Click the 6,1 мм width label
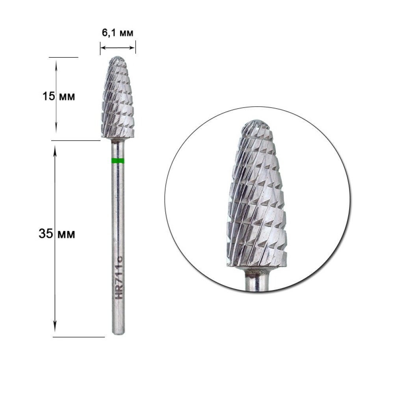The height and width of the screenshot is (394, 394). (x=117, y=33)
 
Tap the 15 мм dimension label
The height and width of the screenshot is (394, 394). (x=59, y=96)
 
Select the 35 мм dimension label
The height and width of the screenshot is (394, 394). (x=57, y=234)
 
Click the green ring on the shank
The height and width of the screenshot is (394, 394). (x=118, y=161)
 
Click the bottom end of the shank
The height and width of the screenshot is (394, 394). (x=118, y=334)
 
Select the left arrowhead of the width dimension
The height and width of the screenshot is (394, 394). (x=102, y=48)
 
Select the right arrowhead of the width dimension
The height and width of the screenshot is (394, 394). (x=133, y=48)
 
